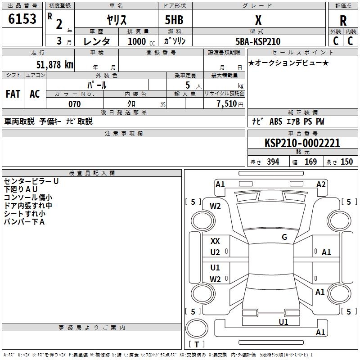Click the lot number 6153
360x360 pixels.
[22, 19]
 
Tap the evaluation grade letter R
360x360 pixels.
[343, 21]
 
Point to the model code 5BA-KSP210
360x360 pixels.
[258, 41]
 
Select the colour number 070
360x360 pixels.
[74, 104]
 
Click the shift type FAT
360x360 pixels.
[13, 94]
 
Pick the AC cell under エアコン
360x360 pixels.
[35, 94]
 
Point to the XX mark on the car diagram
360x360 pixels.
[215, 241]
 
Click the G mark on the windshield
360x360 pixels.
[284, 237]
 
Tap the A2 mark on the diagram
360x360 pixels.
[321, 184]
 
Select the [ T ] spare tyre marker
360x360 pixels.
[197, 345]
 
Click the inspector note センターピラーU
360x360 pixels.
[31, 181]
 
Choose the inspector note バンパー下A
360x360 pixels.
[24, 221]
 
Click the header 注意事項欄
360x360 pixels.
[124, 134]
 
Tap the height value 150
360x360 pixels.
[346, 162]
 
